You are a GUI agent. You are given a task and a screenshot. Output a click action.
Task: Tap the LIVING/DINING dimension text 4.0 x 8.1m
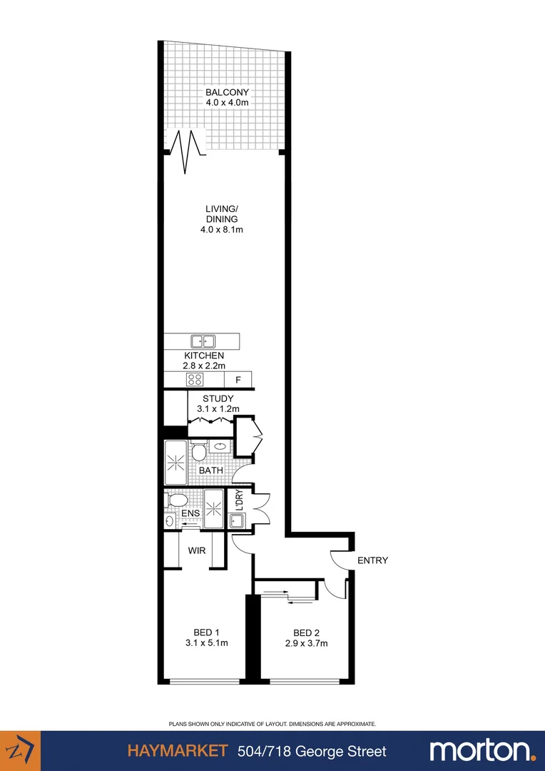click(x=221, y=230)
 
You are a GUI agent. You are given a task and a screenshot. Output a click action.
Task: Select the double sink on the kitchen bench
click(x=203, y=341)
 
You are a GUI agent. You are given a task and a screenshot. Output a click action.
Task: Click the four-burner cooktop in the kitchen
click(x=195, y=379)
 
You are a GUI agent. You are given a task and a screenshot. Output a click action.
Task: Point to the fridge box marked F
click(x=238, y=380)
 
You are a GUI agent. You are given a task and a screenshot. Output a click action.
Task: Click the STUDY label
click(x=218, y=398)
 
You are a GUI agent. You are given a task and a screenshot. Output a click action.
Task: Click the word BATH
click(x=210, y=470)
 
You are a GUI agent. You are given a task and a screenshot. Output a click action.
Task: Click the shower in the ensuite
click(x=214, y=508)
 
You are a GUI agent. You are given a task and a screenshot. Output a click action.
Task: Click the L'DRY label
click(x=240, y=501)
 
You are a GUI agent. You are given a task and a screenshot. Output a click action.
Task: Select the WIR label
click(x=197, y=550)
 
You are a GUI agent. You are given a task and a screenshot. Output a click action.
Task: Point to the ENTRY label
click(x=372, y=560)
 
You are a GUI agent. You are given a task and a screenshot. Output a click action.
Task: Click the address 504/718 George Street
click(x=312, y=751)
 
